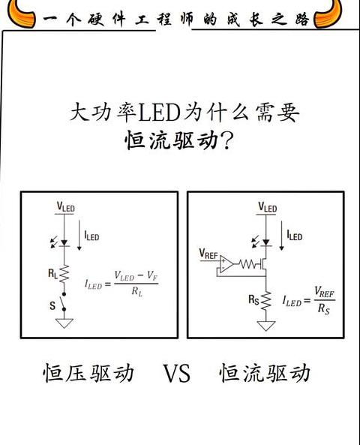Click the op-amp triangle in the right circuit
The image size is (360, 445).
coord(226,264)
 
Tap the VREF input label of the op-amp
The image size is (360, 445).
coord(208,254)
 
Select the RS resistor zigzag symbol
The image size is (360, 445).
coord(265,301)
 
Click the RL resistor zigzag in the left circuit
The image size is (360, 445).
coord(64,275)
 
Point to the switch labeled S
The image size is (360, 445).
coord(63,302)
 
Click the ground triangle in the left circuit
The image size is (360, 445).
coord(64,323)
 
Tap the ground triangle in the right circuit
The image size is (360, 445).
coord(265,326)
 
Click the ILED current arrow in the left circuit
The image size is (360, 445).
coord(79,235)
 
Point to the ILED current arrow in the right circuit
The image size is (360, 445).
coord(281,236)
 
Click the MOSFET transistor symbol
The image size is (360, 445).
coord(263,264)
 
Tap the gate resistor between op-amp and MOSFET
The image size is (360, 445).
coord(247,264)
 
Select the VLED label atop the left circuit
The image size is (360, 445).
coord(65,206)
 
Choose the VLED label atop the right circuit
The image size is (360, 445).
coord(267,207)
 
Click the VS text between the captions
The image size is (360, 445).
coord(176,373)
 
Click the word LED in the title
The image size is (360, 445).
coord(159,113)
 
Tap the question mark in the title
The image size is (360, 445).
coord(227,140)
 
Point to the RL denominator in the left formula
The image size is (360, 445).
coord(136,292)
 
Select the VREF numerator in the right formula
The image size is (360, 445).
coord(324,293)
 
